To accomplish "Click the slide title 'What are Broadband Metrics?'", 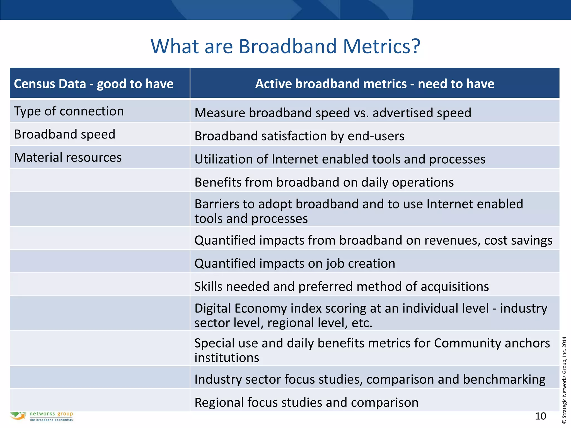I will point(285,46).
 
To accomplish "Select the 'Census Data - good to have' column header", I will point(94,84).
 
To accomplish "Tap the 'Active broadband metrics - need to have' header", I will point(374,84).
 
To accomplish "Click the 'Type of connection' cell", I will point(69,111).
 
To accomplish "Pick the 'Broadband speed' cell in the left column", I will point(65,134).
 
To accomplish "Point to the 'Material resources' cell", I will point(68,157).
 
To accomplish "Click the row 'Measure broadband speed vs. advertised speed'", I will point(333,113).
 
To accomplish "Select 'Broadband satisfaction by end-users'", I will point(299,136).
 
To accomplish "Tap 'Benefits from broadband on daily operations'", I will point(324,182).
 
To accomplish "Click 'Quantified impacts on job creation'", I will point(295,263).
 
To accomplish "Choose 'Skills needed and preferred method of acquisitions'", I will point(342,286).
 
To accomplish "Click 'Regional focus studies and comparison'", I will point(306,402).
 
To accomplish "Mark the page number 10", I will point(540,416).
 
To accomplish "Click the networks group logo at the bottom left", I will point(42,416).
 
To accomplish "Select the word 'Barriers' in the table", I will point(216,204).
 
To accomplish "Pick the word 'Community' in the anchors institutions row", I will point(467,343).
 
